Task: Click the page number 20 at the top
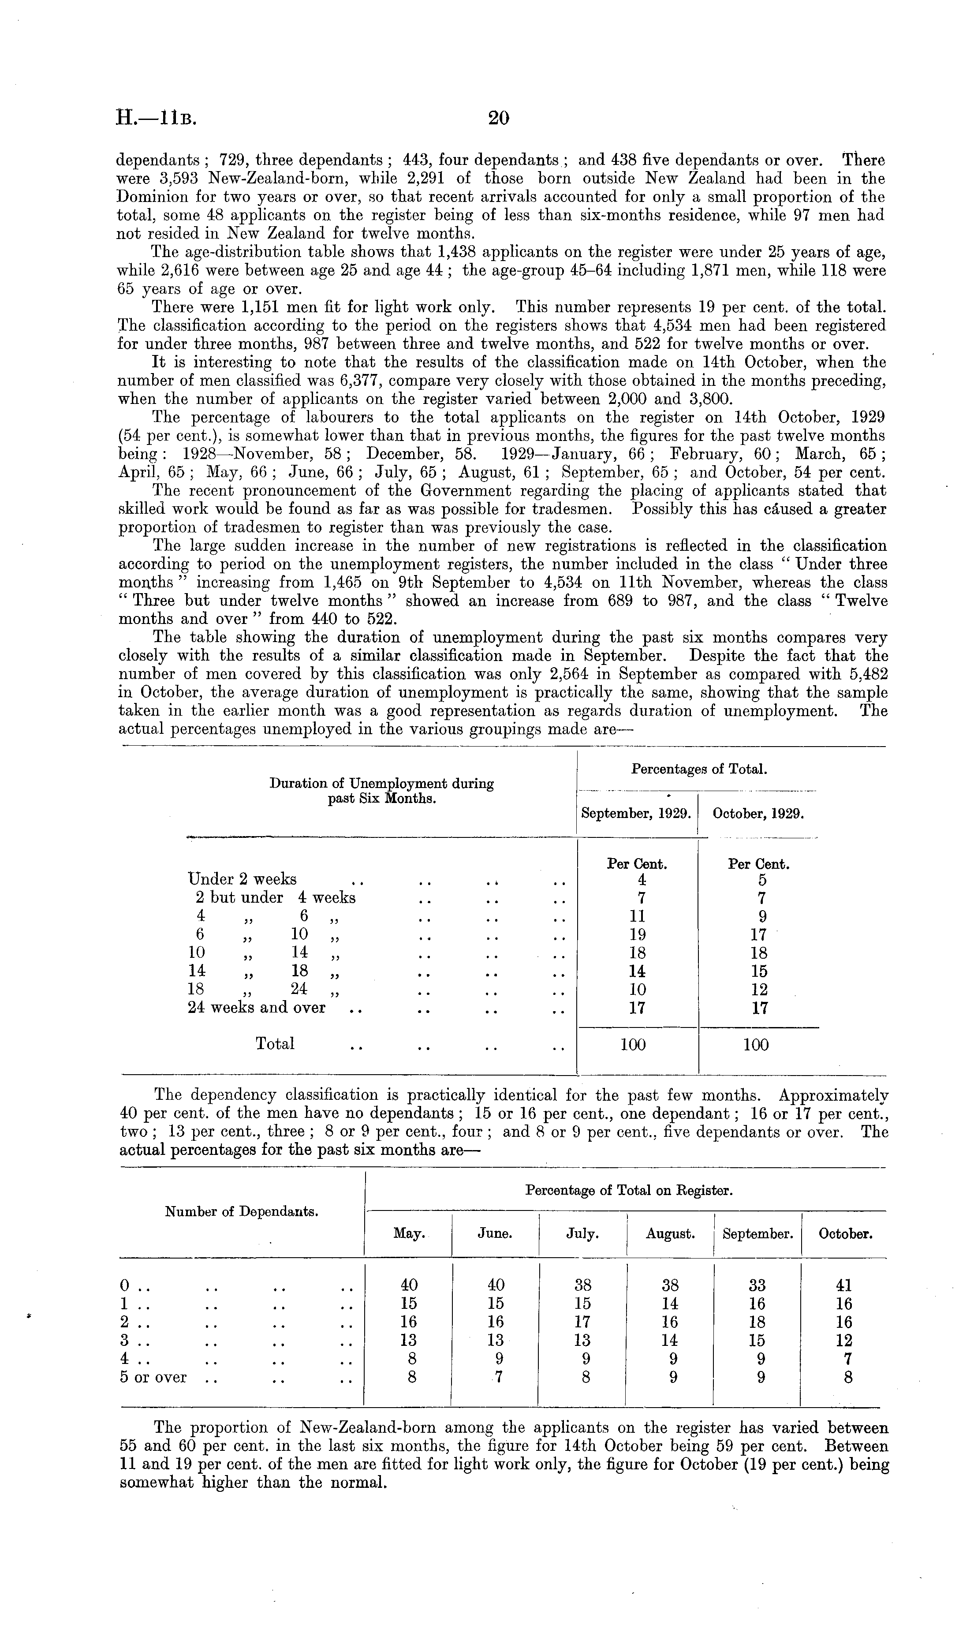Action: click(499, 118)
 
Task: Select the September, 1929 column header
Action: click(636, 814)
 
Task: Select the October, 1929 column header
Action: click(758, 814)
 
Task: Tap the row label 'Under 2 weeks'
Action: click(242, 879)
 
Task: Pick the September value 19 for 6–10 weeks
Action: click(637, 934)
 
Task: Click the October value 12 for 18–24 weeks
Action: click(759, 990)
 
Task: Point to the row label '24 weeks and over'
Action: click(256, 1008)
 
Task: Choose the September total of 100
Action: click(633, 1045)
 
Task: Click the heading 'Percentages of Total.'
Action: click(699, 769)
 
